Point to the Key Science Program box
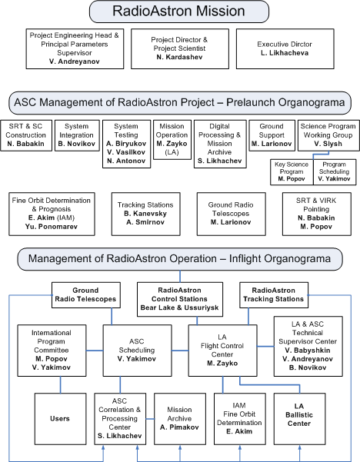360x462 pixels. pos(292,171)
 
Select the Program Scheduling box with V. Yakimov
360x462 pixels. pos(334,171)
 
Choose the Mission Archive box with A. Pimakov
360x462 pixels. pos(178,418)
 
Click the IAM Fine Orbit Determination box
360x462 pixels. pos(238,418)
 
